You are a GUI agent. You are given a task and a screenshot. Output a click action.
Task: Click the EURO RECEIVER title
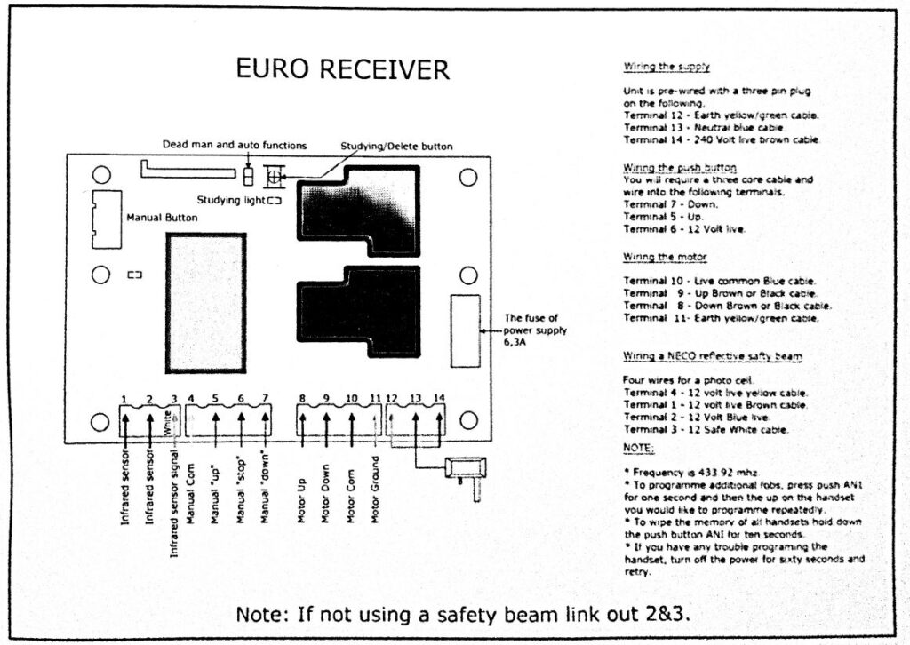click(x=342, y=70)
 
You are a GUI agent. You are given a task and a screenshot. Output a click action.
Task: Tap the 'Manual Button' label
click(x=163, y=217)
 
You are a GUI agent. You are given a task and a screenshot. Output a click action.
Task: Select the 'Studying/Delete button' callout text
click(x=397, y=146)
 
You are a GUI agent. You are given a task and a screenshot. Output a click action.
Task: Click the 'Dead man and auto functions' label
click(x=235, y=145)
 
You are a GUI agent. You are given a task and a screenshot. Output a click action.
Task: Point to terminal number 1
click(x=126, y=398)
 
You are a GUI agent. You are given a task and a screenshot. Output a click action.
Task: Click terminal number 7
click(x=265, y=398)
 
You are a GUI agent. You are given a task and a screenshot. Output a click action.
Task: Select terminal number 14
click(x=439, y=398)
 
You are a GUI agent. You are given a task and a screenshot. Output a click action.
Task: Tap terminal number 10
click(x=352, y=398)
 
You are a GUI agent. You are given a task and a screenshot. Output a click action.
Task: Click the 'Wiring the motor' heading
click(x=665, y=257)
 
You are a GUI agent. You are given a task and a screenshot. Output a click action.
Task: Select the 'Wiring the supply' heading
click(x=667, y=67)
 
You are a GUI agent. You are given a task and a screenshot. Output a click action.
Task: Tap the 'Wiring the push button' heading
click(x=680, y=167)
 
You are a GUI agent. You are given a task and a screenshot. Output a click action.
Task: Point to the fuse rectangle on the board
click(x=466, y=330)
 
